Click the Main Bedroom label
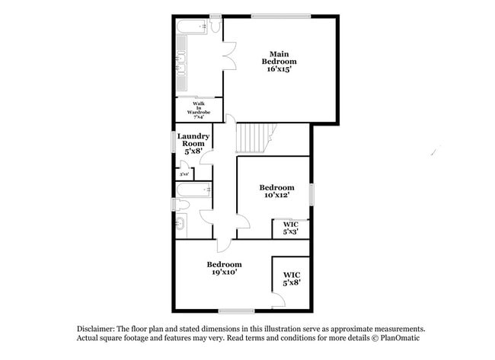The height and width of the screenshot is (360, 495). pyautogui.click(x=279, y=57)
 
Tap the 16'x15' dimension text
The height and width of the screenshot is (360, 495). pyautogui.click(x=279, y=69)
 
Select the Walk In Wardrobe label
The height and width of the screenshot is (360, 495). pyautogui.click(x=198, y=110)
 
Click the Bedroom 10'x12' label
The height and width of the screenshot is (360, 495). pyautogui.click(x=276, y=191)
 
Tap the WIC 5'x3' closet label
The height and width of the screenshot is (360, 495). pyautogui.click(x=291, y=227)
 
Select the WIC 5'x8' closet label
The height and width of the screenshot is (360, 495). pyautogui.click(x=291, y=278)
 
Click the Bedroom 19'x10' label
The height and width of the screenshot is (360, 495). pyautogui.click(x=224, y=268)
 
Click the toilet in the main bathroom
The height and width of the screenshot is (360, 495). pyautogui.click(x=216, y=27)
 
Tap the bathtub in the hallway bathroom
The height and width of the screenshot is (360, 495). pyautogui.click(x=193, y=190)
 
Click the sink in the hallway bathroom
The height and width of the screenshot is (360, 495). pyautogui.click(x=180, y=223)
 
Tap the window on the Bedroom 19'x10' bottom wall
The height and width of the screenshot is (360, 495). pyautogui.click(x=236, y=310)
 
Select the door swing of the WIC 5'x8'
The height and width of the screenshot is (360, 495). pyautogui.click(x=278, y=301)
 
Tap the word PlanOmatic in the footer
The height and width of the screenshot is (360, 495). pyautogui.click(x=399, y=337)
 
